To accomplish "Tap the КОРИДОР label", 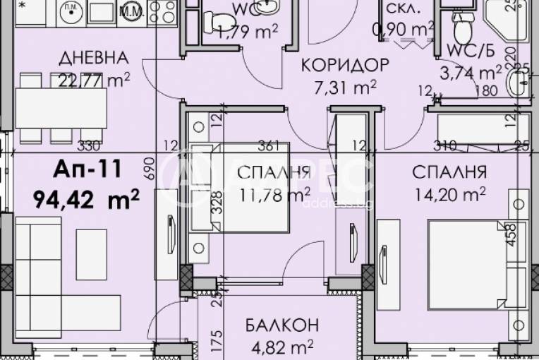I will pos(345,66).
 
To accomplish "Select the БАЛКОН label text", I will pos(282,326).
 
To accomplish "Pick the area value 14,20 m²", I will pos(449,192).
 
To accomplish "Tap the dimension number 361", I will pos(265,146).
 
